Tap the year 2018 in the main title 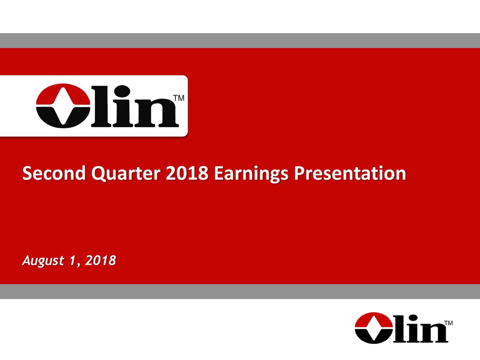[x=186, y=174]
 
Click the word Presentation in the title [x=350, y=174]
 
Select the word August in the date [x=41, y=261]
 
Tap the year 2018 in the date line [x=100, y=260]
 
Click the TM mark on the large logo [x=179, y=98]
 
